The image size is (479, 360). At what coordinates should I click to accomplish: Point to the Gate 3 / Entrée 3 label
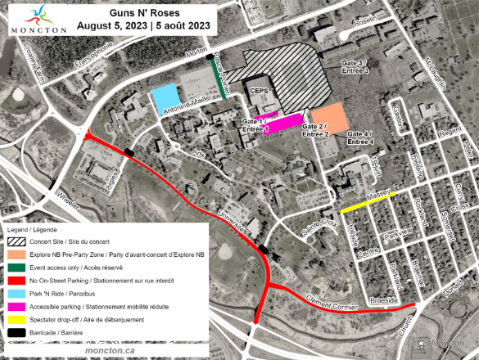point(355,66)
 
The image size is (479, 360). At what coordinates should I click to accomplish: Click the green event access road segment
point(221,79)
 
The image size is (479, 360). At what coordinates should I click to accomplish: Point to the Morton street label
point(197,51)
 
